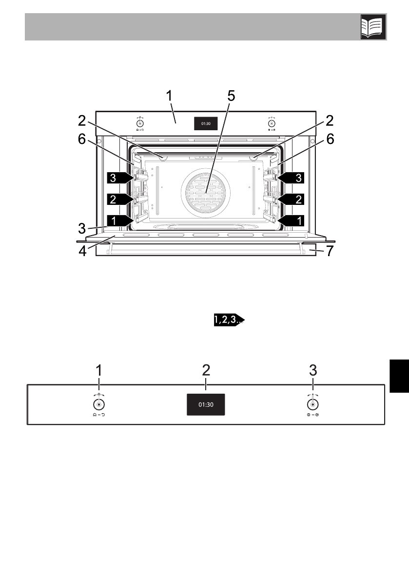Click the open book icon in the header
(x=373, y=27)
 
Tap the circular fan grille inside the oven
(x=205, y=193)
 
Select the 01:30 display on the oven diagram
(x=206, y=124)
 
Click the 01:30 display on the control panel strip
(x=206, y=404)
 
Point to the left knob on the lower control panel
(x=99, y=404)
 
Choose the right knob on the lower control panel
(x=313, y=404)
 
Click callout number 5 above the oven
(x=231, y=96)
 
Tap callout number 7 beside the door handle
(x=329, y=251)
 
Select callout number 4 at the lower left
(x=82, y=251)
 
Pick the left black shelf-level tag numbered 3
(x=119, y=178)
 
